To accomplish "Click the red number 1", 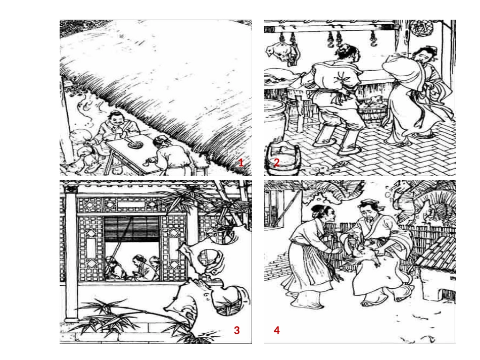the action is tap(241, 163).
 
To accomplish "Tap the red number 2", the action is tap(276, 163).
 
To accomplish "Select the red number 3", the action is tap(236, 330).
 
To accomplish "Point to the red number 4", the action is tap(277, 330).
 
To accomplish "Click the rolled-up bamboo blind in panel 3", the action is tap(132, 229).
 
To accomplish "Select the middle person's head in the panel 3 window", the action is tap(138, 261).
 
